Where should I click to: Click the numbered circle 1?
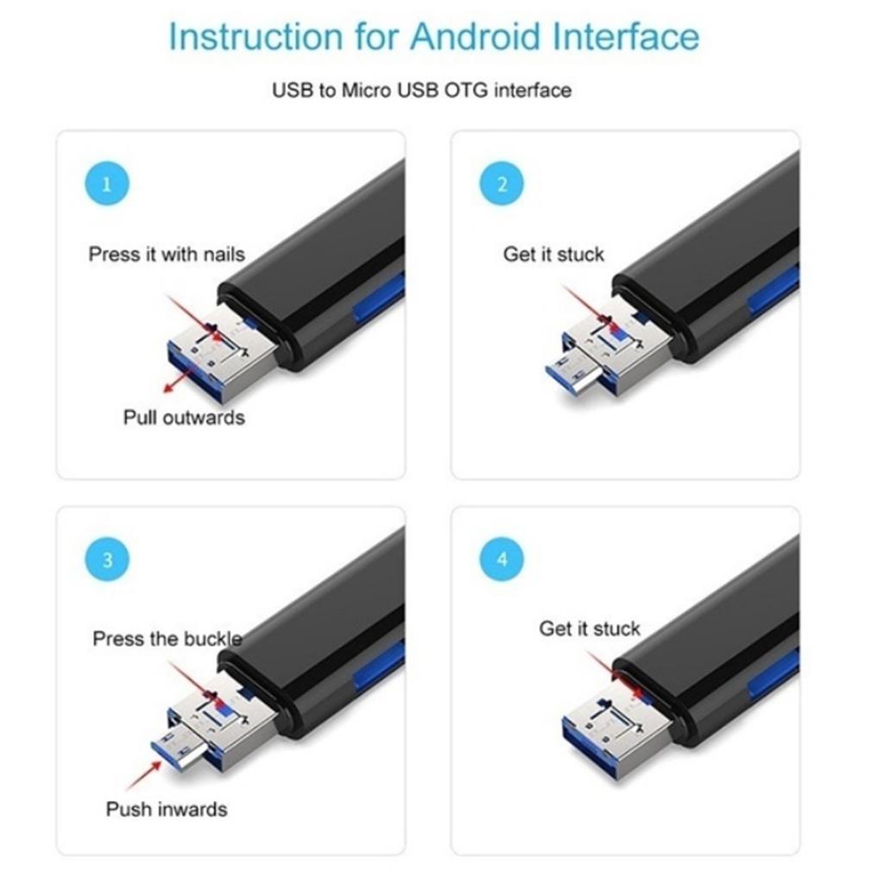[x=107, y=184]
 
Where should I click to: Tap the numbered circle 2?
[x=502, y=184]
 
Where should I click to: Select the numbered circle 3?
[x=107, y=559]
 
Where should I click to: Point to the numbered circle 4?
[x=502, y=559]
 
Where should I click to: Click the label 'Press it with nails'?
[x=167, y=255]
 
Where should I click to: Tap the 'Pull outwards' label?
[x=185, y=418]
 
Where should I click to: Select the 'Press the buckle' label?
[x=167, y=639]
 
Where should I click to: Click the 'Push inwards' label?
[x=167, y=810]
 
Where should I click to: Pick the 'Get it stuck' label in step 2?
[x=553, y=255]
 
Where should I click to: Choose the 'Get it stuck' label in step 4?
[x=590, y=628]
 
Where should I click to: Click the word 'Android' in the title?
[x=476, y=36]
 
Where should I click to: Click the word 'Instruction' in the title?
[x=256, y=36]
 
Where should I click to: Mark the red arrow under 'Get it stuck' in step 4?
[x=614, y=673]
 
